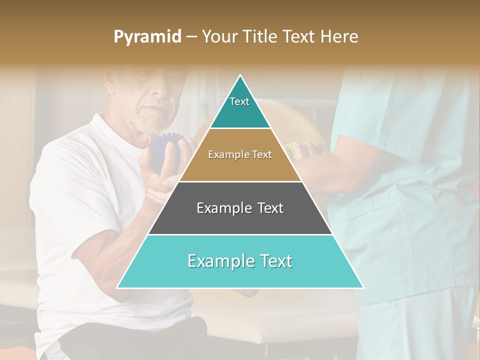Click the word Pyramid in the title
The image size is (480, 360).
[147, 37]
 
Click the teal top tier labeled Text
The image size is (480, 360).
[240, 112]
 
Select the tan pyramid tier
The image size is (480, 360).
[240, 165]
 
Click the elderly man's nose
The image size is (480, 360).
[161, 92]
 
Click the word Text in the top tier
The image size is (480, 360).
[239, 101]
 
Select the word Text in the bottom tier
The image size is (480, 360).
[273, 261]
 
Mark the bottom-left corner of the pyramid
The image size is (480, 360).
[117, 287]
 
